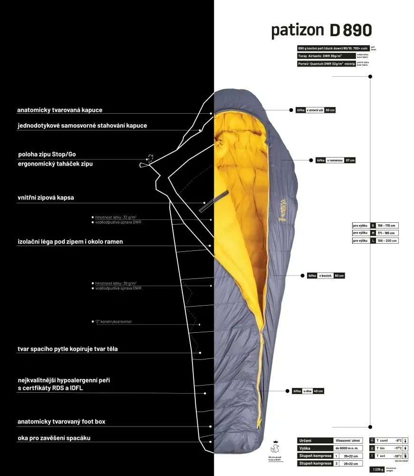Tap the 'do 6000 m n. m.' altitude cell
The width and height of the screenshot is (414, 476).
(348, 448)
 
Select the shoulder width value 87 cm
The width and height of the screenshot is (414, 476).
(350, 160)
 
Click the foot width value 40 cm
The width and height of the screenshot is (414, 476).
(318, 391)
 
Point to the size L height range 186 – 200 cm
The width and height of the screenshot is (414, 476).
(387, 241)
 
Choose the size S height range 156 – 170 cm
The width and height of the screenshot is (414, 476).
(387, 226)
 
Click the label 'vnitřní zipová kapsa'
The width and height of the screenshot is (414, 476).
(46, 197)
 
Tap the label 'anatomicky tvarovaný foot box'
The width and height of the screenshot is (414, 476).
(61, 422)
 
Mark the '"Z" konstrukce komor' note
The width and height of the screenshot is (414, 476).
(114, 322)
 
